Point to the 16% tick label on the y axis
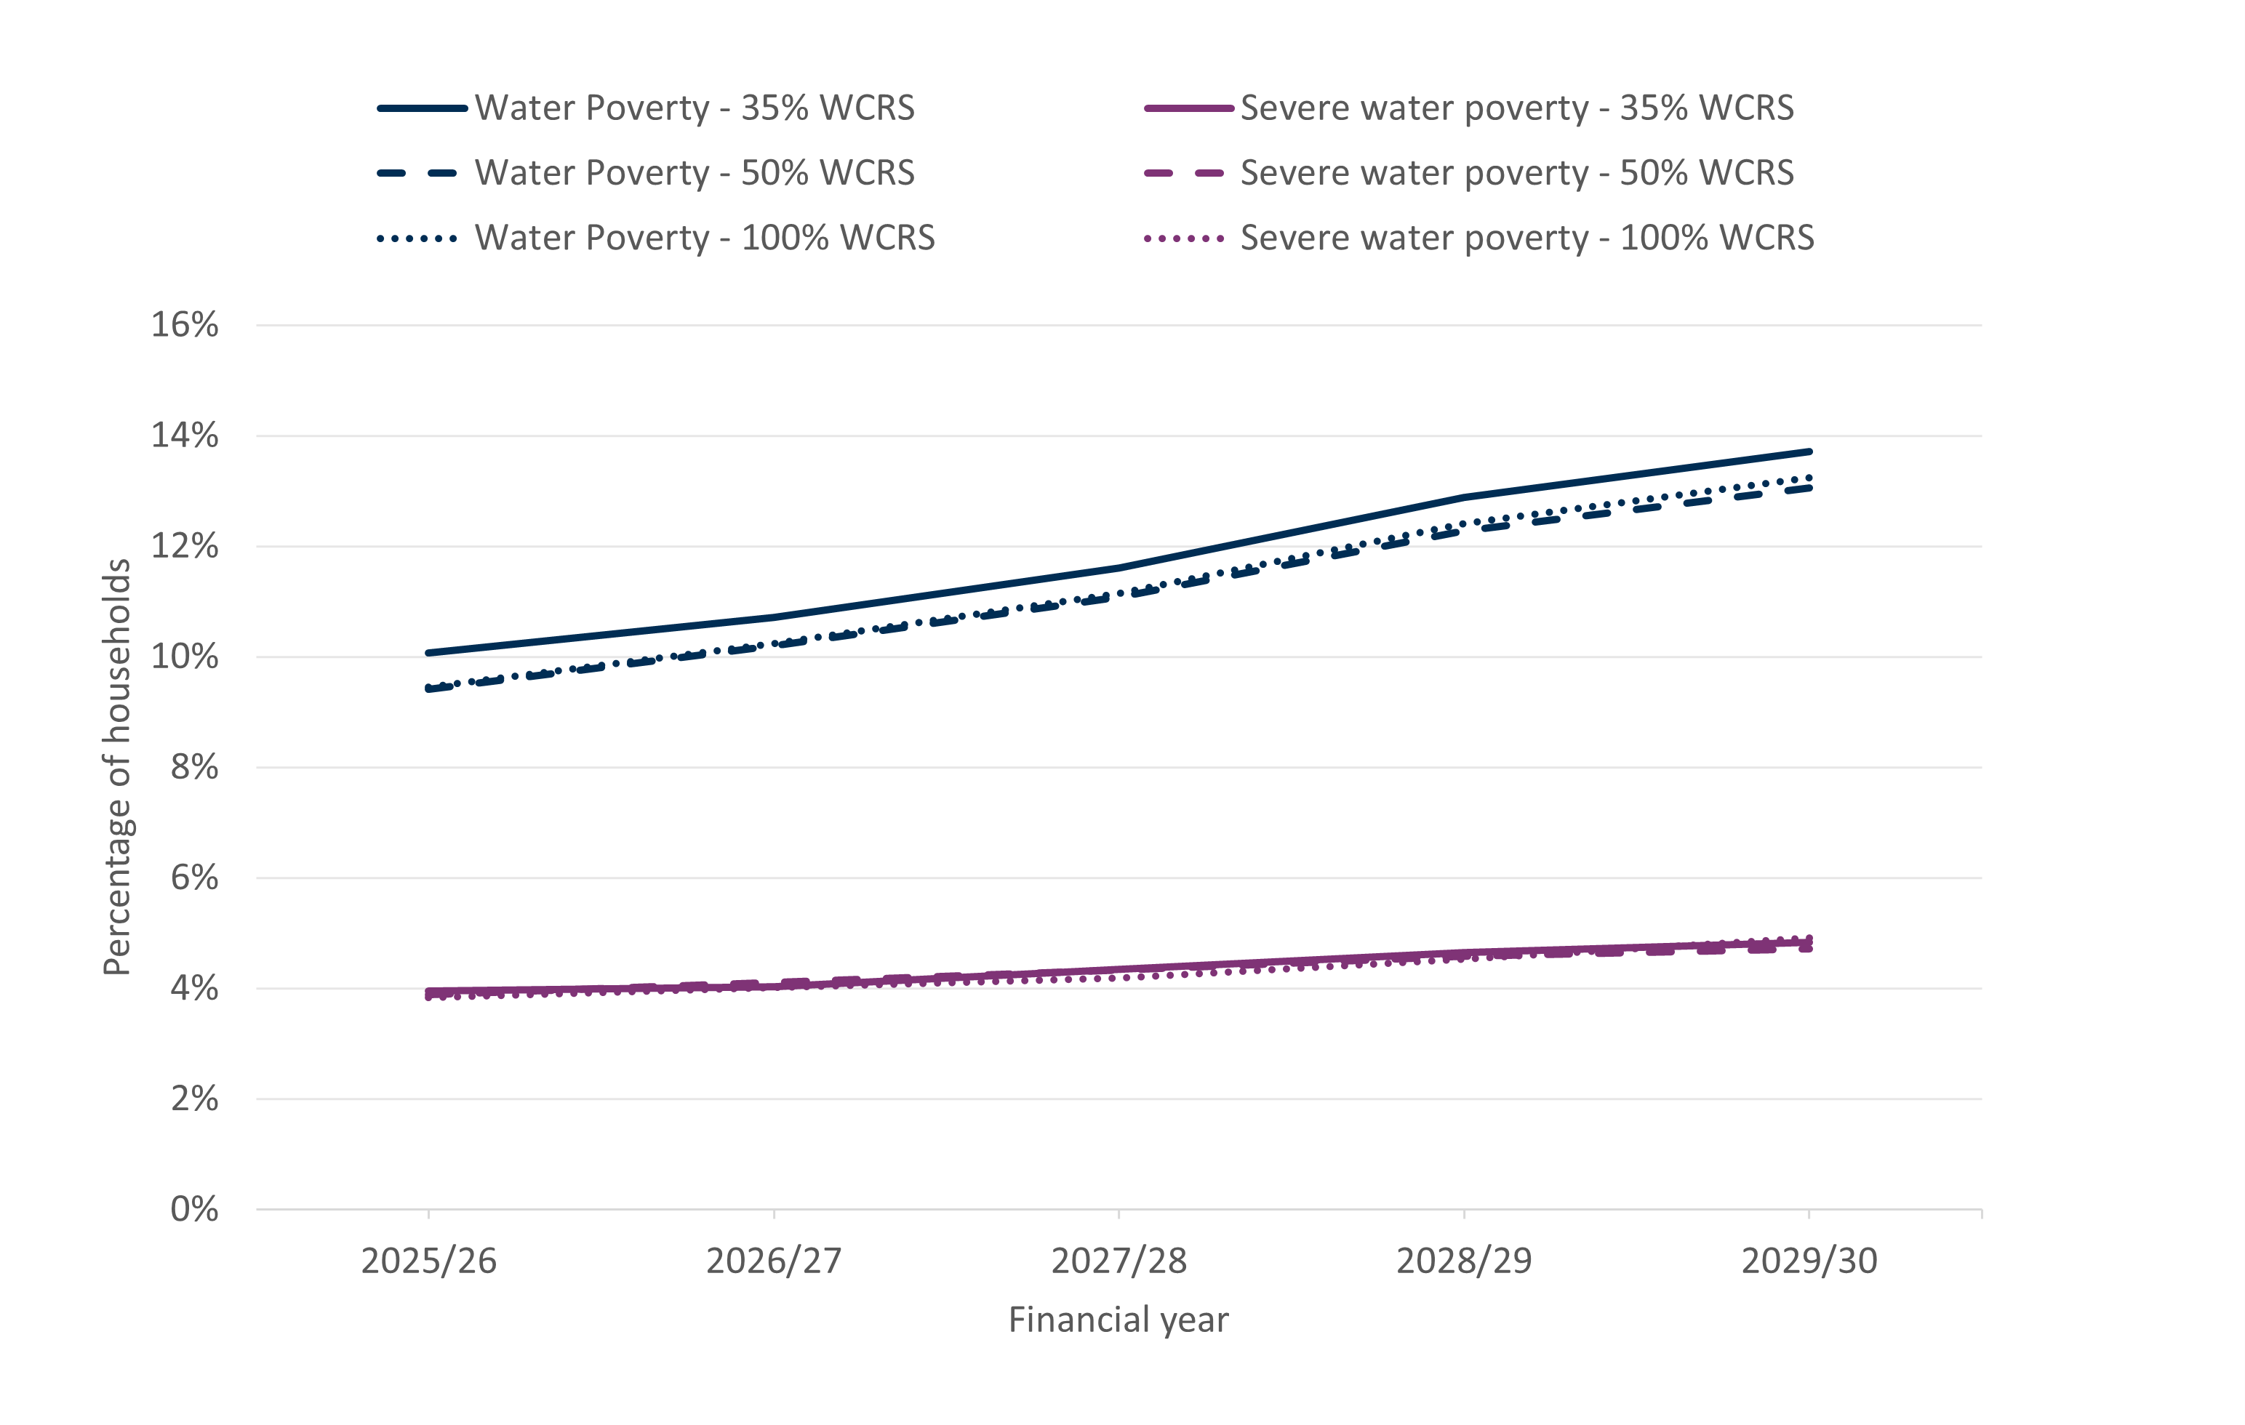pos(185,325)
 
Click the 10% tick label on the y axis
pos(185,657)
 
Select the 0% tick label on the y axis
pos(194,1210)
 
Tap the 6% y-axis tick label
pos(194,878)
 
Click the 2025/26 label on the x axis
pos(429,1261)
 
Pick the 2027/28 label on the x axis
pos(1119,1261)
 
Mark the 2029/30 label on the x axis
pos(1809,1261)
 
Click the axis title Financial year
pos(1119,1320)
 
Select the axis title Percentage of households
pos(118,767)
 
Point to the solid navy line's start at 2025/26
pos(429,654)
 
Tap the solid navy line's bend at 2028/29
pos(1464,498)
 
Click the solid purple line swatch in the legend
pos(1189,108)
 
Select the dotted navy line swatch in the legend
pos(417,238)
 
